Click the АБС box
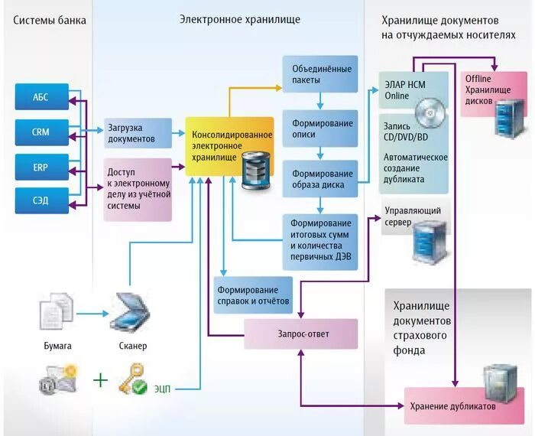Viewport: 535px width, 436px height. click(41, 97)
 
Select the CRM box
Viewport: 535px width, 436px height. click(41, 132)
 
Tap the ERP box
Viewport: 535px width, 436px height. click(41, 166)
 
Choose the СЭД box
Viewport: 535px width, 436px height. click(41, 200)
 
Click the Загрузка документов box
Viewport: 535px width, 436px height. click(138, 133)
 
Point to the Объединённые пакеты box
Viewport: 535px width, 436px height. click(319, 73)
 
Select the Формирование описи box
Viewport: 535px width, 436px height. click(319, 128)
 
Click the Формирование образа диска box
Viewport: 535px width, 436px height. click(319, 179)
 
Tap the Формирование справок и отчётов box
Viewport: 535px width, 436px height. click(253, 296)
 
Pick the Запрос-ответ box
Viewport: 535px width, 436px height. click(300, 334)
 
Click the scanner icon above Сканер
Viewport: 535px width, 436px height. click(132, 312)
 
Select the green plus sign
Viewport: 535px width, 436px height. click(100, 379)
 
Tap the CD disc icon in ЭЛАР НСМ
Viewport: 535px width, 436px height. click(431, 112)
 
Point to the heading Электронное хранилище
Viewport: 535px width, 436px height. click(240, 18)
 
